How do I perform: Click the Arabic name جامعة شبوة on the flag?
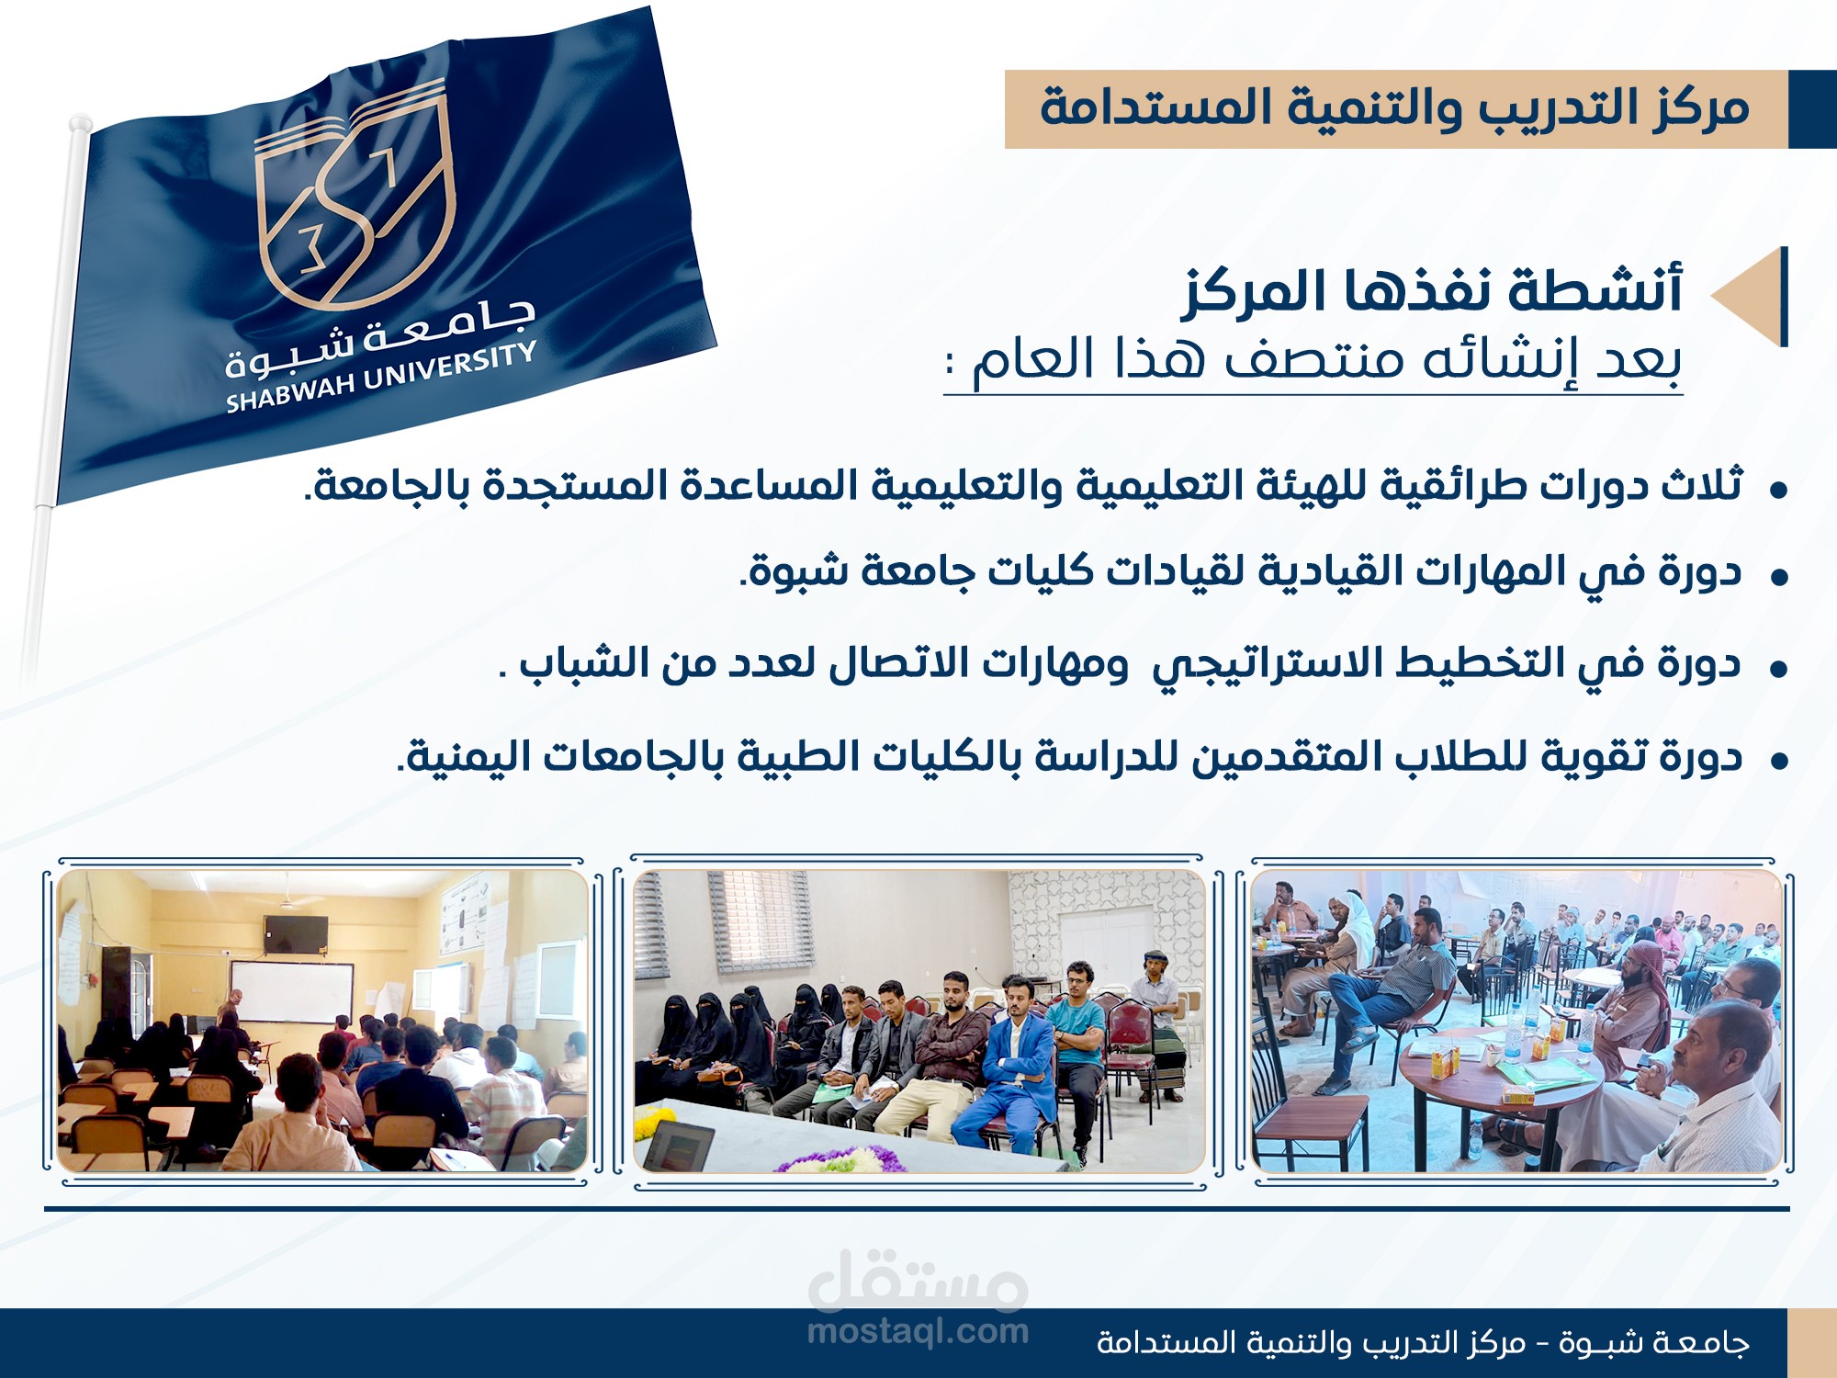coord(381,335)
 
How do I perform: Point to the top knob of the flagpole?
coord(80,122)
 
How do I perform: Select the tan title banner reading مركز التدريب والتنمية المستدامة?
coord(1396,109)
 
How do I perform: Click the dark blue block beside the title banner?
coord(1812,109)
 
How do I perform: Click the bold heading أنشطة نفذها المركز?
coord(1433,292)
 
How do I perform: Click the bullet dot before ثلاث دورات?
coord(1779,490)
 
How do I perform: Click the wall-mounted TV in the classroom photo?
coord(295,934)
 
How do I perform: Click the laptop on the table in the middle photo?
coord(679,1146)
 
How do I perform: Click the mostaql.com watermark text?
coord(918,1331)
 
